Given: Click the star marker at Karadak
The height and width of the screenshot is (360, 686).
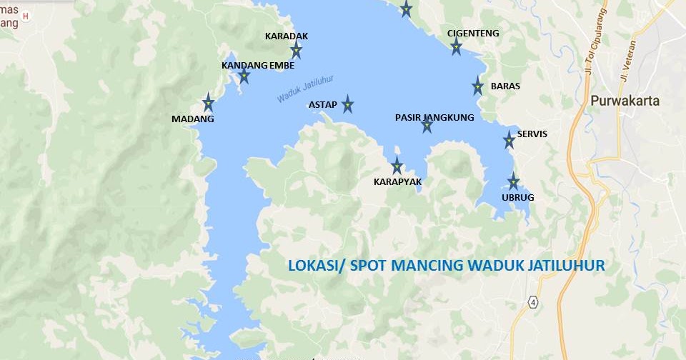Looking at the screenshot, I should pos(296,49).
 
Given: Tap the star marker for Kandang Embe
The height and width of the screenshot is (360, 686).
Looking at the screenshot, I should pos(244,76).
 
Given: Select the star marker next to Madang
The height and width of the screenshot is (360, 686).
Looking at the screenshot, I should pos(208,101).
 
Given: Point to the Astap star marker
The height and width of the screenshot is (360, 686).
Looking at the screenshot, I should pos(347,104).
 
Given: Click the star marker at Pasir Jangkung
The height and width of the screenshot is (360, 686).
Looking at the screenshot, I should pos(427,126).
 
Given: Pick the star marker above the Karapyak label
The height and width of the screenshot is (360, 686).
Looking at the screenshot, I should pos(397,166).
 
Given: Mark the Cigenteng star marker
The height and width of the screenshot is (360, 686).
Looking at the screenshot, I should pos(456,47).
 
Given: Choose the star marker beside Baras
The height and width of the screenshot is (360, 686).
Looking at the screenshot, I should pos(477,86).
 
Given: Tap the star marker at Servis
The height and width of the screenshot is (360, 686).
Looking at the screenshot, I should pos(509,139).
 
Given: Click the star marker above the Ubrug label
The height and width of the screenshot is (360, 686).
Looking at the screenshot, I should pos(513,181).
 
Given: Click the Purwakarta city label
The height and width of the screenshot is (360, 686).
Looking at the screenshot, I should pos(625,101).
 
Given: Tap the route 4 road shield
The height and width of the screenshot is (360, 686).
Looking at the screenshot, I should pos(533,301).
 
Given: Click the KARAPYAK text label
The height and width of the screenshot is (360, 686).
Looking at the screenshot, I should pos(398,182).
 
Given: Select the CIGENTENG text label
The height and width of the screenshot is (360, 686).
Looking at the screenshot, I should pos(473,34).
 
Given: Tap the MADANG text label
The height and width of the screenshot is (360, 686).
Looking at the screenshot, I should pos(193,119).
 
